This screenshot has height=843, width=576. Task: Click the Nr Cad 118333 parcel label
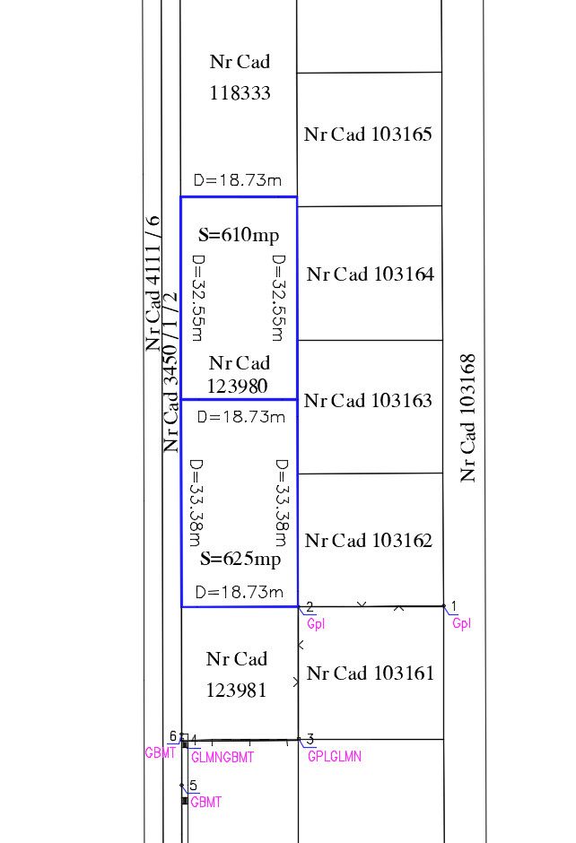click(x=240, y=77)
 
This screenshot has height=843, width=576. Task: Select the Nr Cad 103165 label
click(x=368, y=135)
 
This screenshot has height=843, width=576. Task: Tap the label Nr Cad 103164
click(x=370, y=274)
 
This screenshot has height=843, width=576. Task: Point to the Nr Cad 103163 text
click(x=368, y=401)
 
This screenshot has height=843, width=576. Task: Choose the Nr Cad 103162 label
click(x=369, y=541)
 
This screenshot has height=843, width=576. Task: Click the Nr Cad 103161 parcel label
click(x=370, y=674)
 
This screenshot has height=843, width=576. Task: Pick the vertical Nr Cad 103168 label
click(x=467, y=418)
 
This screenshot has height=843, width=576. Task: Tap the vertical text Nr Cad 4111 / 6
click(x=153, y=283)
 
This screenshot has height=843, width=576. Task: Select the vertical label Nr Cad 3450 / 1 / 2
click(x=171, y=371)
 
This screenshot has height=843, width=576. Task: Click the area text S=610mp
click(x=239, y=236)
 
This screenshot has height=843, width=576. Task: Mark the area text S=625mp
click(x=240, y=560)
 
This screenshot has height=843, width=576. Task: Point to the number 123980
click(x=239, y=387)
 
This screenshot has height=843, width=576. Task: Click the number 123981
click(x=236, y=691)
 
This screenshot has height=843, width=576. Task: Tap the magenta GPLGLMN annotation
click(x=334, y=756)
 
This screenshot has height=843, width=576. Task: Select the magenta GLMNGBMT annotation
click(x=223, y=758)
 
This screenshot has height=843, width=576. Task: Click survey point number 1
click(x=454, y=606)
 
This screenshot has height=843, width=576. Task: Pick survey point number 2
click(x=310, y=607)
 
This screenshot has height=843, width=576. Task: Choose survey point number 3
click(x=310, y=739)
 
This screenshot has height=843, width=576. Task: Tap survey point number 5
click(x=193, y=785)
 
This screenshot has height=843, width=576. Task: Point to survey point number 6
click(x=173, y=736)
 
